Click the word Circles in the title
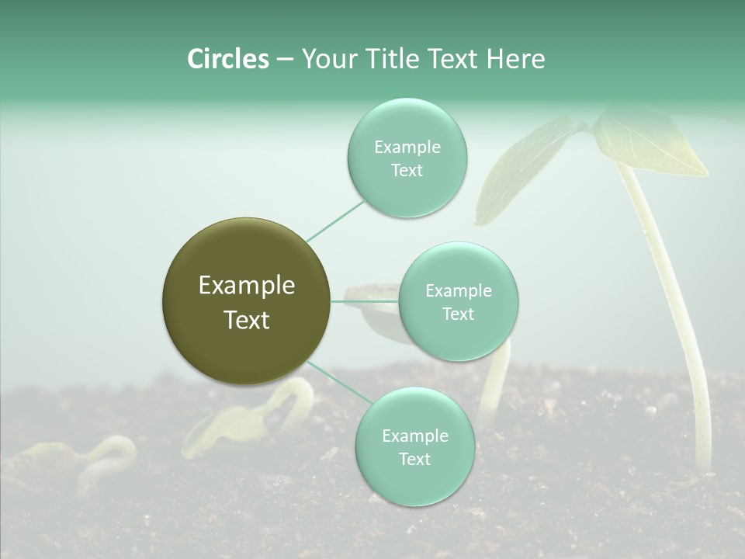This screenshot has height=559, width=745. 227,59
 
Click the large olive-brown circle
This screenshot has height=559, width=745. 245,301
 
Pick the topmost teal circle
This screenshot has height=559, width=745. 407,158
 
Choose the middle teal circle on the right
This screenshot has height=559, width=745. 458,301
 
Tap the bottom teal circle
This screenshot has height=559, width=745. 414,446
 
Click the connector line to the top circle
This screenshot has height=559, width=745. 334,220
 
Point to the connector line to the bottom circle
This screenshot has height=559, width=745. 338,383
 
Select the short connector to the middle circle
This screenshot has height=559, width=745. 365,301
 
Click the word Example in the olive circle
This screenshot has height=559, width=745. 247,286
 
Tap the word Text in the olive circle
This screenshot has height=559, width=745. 247,320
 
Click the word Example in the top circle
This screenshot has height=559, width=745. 407,148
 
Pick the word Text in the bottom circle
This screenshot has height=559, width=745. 414,459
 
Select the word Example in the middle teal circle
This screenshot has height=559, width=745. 458,291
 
